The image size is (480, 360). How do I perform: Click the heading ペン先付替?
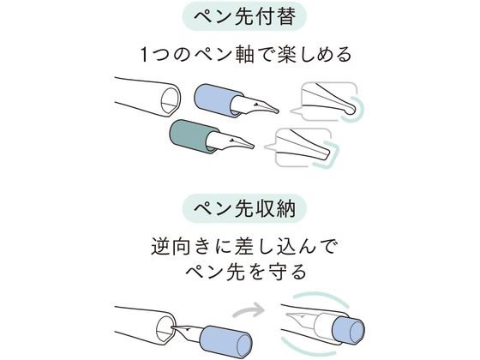pyautogui.click(x=244, y=17)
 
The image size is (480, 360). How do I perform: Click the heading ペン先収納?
pyautogui.click(x=244, y=208)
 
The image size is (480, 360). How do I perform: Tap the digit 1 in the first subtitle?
pyautogui.click(x=145, y=55)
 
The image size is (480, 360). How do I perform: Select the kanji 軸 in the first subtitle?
pyautogui.click(x=245, y=55)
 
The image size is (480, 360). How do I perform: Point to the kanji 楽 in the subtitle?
pyautogui.click(x=286, y=55)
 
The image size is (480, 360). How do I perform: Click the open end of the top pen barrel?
pyautogui.click(x=171, y=102)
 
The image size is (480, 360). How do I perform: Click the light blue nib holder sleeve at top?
pyautogui.click(x=215, y=100)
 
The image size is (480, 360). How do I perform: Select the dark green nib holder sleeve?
pyautogui.click(x=190, y=136)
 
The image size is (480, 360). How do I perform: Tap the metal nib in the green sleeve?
pyautogui.click(x=231, y=141)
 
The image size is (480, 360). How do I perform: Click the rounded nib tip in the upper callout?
pyautogui.click(x=350, y=108)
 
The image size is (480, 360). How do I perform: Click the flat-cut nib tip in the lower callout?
pyautogui.click(x=325, y=154)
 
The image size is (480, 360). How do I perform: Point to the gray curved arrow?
pyautogui.click(x=249, y=310)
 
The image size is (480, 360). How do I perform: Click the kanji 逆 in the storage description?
pyautogui.click(x=160, y=247)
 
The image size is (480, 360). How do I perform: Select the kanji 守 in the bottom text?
pyautogui.click(x=275, y=272)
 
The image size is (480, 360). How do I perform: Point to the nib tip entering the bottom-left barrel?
pyautogui.click(x=173, y=327)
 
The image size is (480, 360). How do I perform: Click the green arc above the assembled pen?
pyautogui.click(x=321, y=297)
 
